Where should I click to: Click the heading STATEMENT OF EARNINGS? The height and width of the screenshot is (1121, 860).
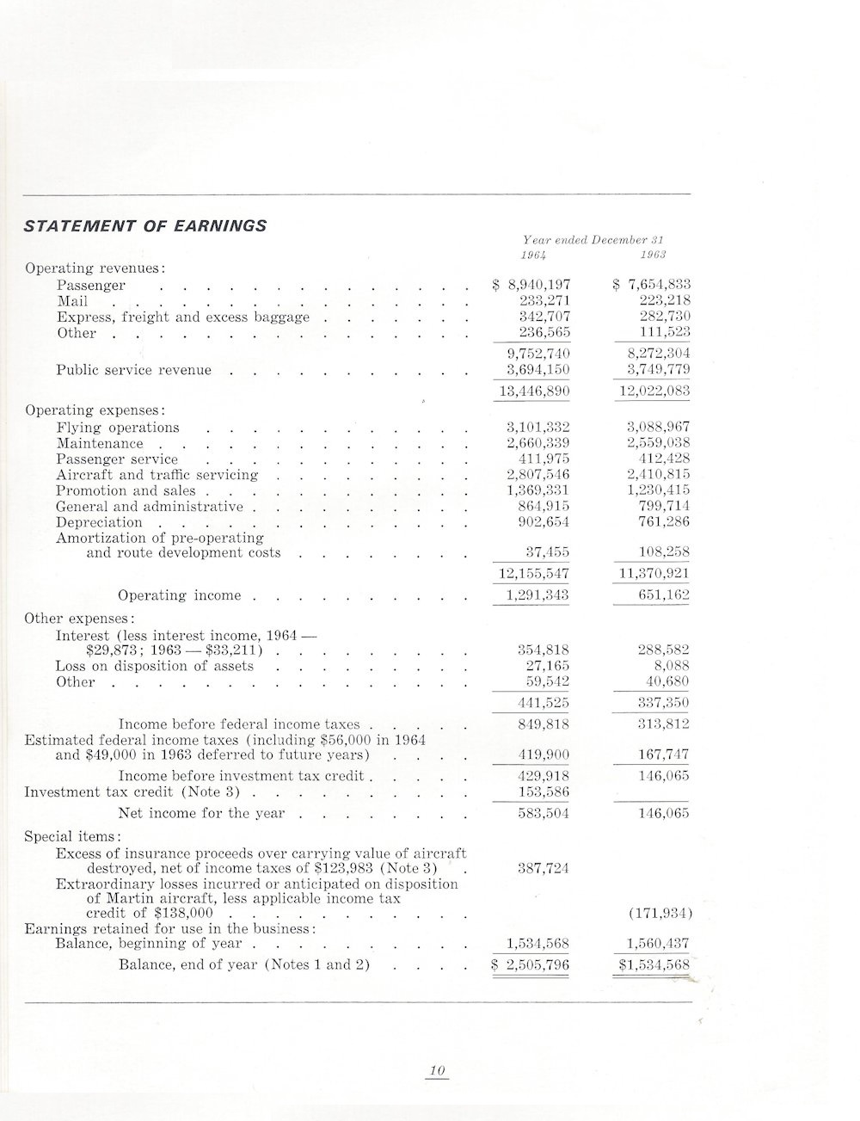pos(145,226)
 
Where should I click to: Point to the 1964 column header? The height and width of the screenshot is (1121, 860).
pos(537,256)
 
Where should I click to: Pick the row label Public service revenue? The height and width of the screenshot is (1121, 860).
pos(133,370)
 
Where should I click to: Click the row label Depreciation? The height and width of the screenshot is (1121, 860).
pos(99,522)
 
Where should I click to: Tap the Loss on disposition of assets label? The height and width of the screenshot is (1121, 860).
pos(154,666)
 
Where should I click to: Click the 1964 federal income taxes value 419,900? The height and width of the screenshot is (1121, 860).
pos(545,755)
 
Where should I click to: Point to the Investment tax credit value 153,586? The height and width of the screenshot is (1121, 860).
pos(545,791)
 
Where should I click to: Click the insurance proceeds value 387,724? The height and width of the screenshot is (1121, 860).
pos(545,868)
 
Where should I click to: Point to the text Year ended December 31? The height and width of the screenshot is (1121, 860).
pos(595,240)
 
